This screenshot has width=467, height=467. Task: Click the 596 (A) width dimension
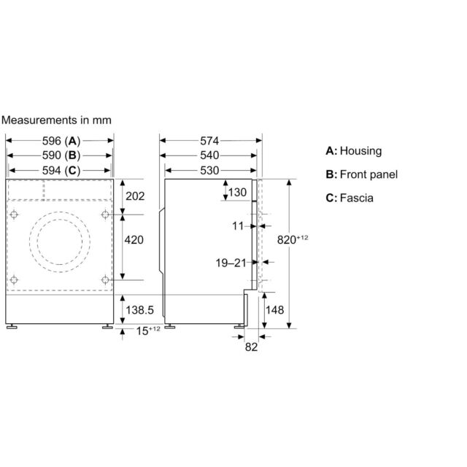point(61,141)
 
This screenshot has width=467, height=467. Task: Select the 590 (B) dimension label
point(61,155)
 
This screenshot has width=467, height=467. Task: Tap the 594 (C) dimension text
point(61,171)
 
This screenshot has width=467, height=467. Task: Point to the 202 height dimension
point(135,196)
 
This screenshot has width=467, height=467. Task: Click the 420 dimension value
point(134,240)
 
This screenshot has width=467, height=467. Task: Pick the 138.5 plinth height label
point(139,310)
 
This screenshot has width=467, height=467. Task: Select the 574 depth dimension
point(209,141)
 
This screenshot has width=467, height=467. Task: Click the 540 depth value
point(209,155)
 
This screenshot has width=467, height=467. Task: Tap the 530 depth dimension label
point(209,171)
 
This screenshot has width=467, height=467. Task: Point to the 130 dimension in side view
point(237,193)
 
